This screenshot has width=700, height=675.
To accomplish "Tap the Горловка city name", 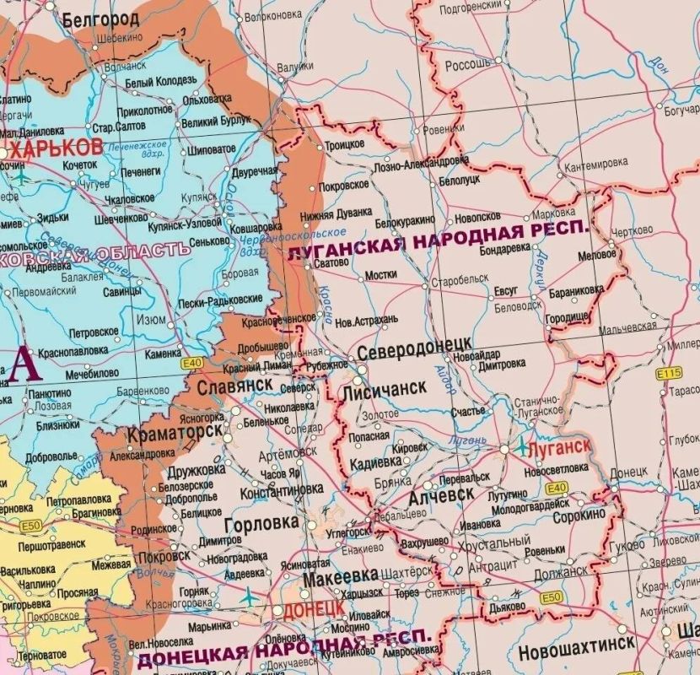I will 261,523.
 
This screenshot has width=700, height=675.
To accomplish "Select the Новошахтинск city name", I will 577,651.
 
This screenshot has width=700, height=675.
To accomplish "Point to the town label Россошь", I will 468,64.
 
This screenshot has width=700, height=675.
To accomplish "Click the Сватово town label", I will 331,262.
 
